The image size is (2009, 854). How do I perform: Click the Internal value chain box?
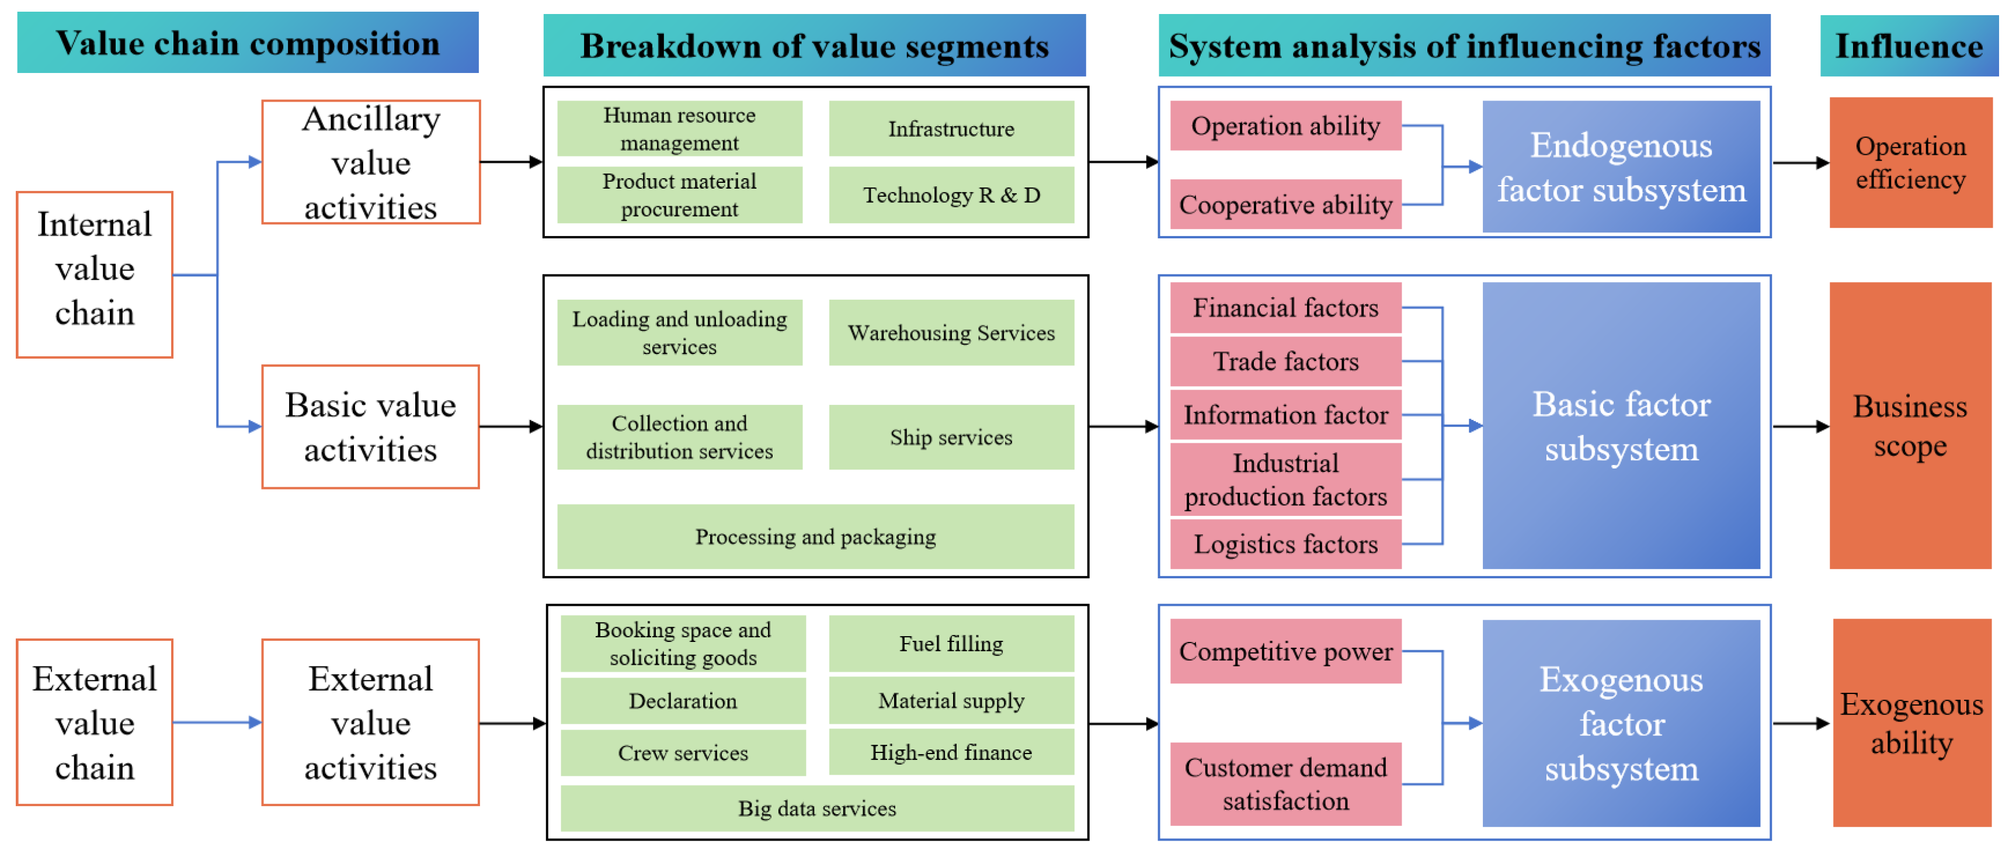click(95, 275)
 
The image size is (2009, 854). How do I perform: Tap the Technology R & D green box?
click(951, 195)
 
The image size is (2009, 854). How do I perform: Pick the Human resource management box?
click(679, 129)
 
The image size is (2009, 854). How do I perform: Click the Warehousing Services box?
click(951, 332)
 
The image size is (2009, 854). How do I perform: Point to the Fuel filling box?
click(951, 644)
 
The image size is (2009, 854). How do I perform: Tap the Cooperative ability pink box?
click(1285, 204)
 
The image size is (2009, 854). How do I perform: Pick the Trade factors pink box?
click(1285, 361)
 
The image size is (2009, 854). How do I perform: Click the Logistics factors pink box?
click(1285, 544)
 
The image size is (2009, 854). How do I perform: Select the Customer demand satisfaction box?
click(1285, 784)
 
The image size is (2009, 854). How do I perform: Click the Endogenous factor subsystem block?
click(1621, 167)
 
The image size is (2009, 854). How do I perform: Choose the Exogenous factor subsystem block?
click(1621, 724)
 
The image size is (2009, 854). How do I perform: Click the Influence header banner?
click(1909, 46)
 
